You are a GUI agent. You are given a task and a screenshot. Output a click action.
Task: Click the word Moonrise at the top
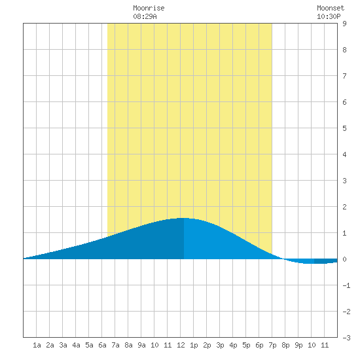(149, 8)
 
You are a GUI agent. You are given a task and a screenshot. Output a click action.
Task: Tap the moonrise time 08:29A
(145, 16)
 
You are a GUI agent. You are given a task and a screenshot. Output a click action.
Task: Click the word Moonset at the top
(331, 8)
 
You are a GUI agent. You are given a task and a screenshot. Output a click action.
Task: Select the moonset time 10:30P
(329, 16)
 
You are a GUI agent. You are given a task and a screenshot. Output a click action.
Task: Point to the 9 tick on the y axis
(344, 24)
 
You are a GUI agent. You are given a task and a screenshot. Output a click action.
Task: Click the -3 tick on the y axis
(346, 338)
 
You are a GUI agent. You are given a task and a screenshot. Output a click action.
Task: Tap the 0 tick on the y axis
(344, 259)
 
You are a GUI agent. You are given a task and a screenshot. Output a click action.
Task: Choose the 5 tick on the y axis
(344, 128)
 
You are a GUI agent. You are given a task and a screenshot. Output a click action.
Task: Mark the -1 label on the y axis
(346, 285)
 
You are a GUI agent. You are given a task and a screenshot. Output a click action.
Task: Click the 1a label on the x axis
(37, 345)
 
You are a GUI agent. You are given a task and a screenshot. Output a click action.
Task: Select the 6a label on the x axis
(102, 345)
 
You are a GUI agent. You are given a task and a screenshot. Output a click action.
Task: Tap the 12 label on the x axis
(181, 345)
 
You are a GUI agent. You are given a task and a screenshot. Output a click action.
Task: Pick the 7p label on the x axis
(272, 345)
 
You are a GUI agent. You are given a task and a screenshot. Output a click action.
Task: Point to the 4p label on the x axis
(233, 345)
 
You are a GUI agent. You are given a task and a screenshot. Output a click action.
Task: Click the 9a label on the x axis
(141, 345)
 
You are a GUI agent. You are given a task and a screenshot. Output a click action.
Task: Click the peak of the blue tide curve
(183, 218)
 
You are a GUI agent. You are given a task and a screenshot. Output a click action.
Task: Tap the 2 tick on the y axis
(344, 207)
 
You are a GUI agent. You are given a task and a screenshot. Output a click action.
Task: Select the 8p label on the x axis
(285, 345)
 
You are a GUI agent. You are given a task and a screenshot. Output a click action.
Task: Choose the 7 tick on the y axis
(344, 76)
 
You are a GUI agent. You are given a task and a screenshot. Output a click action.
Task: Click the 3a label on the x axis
(63, 345)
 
